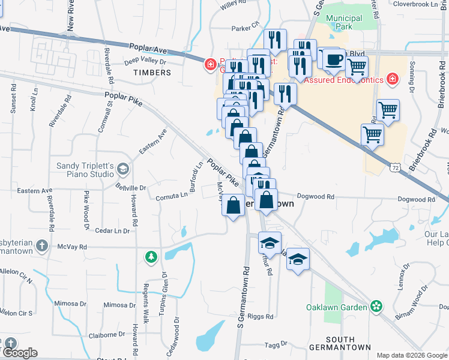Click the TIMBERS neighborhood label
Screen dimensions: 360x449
coord(152,73)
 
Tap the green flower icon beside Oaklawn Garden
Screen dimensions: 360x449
coord(376,307)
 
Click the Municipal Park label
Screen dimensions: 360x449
coord(344,23)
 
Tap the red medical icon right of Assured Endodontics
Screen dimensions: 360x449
coord(392,79)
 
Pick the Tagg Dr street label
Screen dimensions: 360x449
coord(277,345)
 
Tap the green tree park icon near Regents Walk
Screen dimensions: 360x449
coord(151,257)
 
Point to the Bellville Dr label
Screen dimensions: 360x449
coord(131,187)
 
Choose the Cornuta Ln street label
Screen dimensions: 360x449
coord(172,196)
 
